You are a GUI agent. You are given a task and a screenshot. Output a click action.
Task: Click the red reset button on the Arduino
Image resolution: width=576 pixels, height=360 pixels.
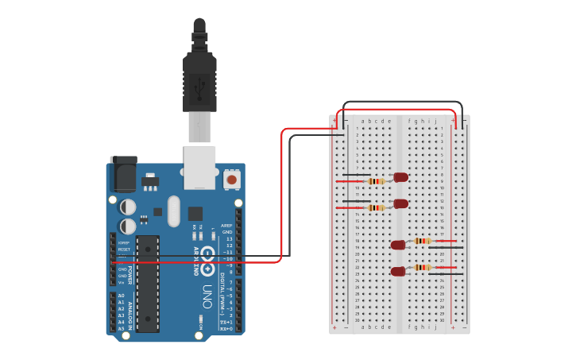231,180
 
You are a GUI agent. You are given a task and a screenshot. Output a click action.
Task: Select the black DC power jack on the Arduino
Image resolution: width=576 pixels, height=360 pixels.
123,174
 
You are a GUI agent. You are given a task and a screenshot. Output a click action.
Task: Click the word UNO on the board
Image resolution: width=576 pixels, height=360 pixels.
207,296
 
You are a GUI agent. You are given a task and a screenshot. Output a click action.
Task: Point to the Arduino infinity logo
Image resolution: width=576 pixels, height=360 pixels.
207,256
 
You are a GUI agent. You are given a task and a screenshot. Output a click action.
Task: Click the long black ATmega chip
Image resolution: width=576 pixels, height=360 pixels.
147,283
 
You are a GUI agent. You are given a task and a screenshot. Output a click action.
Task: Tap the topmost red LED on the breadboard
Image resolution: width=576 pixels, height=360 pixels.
400,177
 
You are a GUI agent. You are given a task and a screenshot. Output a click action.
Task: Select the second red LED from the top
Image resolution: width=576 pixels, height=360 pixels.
400,203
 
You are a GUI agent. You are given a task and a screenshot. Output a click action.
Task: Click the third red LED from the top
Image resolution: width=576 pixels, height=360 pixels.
398,245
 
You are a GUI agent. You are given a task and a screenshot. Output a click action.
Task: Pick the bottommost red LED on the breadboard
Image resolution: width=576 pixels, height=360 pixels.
398,272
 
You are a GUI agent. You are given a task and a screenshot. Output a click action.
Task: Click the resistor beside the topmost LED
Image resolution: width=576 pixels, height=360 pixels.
376,181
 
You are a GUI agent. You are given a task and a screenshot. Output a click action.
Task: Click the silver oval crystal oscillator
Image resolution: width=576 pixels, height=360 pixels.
174,213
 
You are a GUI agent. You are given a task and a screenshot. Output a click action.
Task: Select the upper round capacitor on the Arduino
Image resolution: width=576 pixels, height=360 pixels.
128,207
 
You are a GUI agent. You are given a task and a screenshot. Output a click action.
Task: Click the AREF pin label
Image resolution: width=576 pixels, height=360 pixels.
226,226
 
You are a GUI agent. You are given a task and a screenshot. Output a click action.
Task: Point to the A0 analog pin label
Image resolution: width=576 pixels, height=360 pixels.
121,296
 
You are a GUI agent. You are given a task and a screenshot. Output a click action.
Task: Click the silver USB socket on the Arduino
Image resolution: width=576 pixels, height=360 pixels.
199,167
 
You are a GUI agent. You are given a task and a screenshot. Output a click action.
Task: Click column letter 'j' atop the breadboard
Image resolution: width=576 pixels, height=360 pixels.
435,122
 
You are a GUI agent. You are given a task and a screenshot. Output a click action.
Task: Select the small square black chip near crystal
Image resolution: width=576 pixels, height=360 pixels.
195,213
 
